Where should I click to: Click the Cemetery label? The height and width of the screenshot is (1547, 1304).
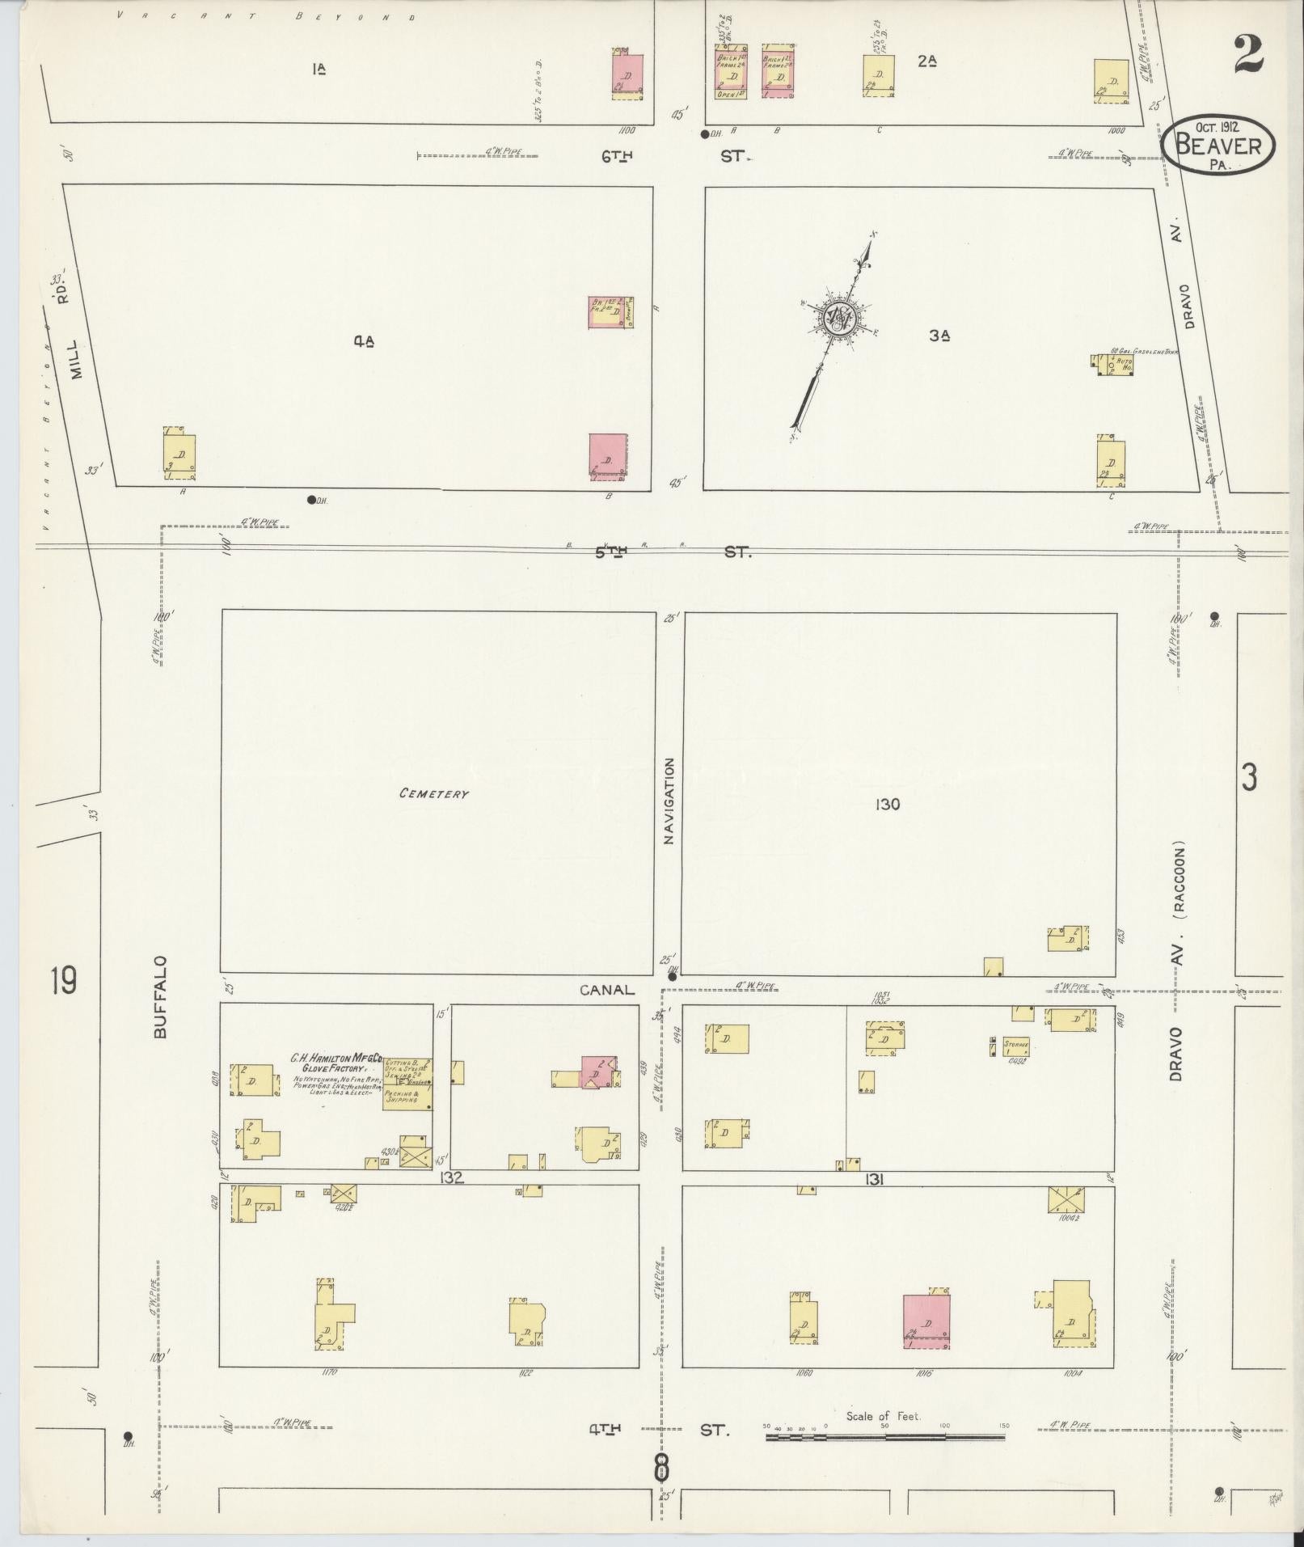433,793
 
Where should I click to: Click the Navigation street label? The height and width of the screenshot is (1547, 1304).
669,801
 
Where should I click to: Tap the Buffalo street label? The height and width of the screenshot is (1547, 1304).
160,997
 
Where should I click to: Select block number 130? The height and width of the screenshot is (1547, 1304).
887,804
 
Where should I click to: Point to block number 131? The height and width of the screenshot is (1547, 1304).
873,1180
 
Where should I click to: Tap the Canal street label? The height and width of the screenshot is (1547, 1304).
606,990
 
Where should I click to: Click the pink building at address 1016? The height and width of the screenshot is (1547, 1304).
926,1321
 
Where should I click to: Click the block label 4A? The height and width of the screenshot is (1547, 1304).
364,341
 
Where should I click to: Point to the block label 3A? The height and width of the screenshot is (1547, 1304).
939,336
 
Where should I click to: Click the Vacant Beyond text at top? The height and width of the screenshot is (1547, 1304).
267,15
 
